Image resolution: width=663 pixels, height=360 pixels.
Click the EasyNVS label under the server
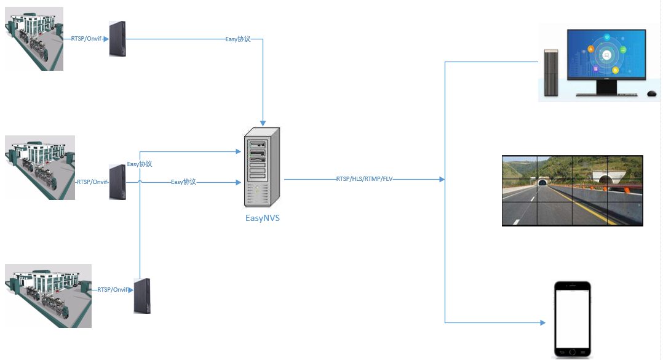(263, 218)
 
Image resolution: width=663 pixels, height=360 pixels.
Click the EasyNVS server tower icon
(262, 167)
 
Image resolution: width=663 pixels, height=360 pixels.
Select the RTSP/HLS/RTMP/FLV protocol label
(365, 179)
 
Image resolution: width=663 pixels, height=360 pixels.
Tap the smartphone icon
(573, 320)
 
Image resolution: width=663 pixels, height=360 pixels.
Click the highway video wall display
(573, 191)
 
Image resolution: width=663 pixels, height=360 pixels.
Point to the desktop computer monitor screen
(606, 54)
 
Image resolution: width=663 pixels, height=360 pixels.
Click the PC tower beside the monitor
(551, 73)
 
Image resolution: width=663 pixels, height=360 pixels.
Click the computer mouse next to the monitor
(651, 94)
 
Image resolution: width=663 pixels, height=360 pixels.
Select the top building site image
(34, 39)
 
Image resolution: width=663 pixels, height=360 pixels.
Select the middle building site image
(40, 167)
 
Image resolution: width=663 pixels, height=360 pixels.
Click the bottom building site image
(48, 296)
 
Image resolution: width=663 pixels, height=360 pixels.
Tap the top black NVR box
(117, 39)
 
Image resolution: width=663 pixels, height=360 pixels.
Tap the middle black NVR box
(117, 182)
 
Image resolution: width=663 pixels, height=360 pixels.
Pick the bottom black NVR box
(142, 296)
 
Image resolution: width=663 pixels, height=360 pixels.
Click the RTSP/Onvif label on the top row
(86, 39)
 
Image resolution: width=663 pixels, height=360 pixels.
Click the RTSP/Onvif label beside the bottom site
(113, 290)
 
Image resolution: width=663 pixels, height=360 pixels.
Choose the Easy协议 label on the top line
(237, 39)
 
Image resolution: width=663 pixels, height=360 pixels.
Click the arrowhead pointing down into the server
(263, 123)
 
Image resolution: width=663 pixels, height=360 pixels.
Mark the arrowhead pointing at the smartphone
(543, 323)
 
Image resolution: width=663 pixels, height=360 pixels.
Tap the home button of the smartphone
(573, 352)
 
